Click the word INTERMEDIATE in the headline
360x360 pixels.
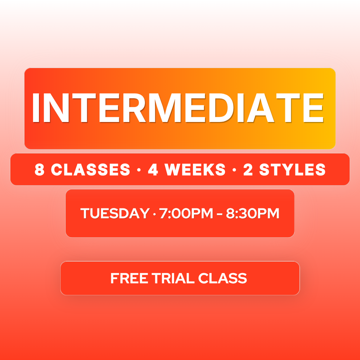click(178, 108)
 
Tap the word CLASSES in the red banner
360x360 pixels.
click(90, 170)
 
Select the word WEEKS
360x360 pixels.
click(195, 170)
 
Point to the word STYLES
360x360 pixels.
click(292, 170)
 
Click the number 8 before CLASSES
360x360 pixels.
click(39, 170)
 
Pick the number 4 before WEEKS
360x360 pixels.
click(153, 170)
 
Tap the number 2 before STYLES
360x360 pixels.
click(248, 170)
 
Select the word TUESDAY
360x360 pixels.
click(115, 213)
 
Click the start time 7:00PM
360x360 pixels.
click(186, 213)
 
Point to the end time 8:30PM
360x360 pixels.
click(252, 213)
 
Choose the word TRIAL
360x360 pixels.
click(173, 278)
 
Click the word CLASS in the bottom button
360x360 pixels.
click(223, 278)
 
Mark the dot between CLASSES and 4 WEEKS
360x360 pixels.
click(139, 171)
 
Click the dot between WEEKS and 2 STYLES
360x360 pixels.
click(234, 171)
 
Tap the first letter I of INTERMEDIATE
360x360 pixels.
click(36, 108)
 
